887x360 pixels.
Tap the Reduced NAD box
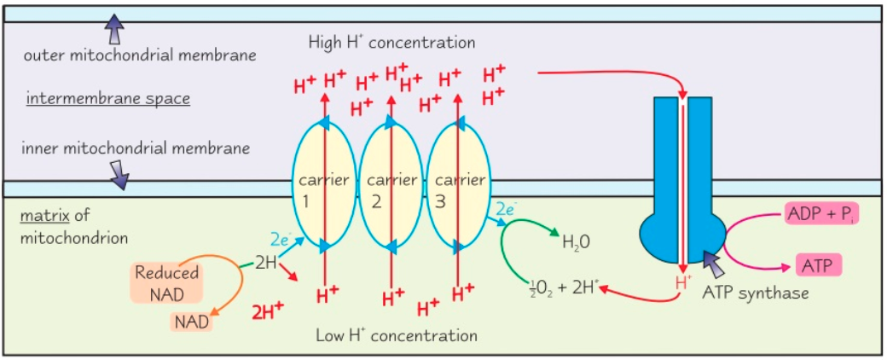(166, 282)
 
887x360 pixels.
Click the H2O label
(577, 241)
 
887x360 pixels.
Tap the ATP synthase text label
(755, 293)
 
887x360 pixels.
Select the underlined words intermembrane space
(108, 98)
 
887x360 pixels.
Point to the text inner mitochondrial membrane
(136, 148)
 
